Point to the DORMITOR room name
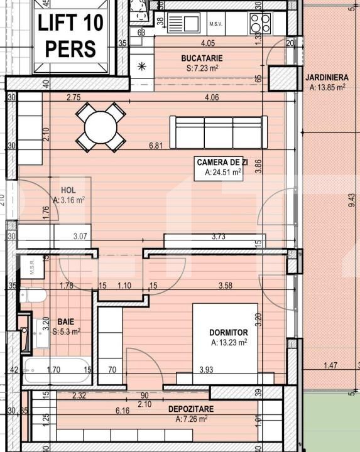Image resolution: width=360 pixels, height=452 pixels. pyautogui.click(x=229, y=332)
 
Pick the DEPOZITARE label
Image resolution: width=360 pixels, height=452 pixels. pyautogui.click(x=190, y=409)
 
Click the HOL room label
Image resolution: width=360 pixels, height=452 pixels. pyautogui.click(x=68, y=190)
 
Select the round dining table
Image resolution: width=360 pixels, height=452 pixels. pyautogui.click(x=101, y=127)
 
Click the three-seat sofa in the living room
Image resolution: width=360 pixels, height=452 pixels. pyautogui.click(x=218, y=132)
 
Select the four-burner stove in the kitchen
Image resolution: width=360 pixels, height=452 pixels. pyautogui.click(x=257, y=23)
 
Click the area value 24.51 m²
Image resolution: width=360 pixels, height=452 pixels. pyautogui.click(x=223, y=171)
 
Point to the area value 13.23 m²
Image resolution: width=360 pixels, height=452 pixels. pyautogui.click(x=229, y=342)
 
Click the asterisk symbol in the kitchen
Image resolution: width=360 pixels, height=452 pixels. pyautogui.click(x=141, y=65)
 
